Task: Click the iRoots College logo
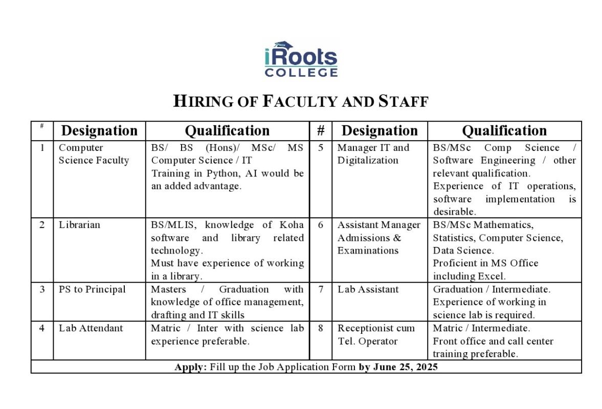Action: click(301, 59)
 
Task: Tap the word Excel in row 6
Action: click(492, 276)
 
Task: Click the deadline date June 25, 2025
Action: click(405, 367)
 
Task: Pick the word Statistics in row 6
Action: click(454, 238)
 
